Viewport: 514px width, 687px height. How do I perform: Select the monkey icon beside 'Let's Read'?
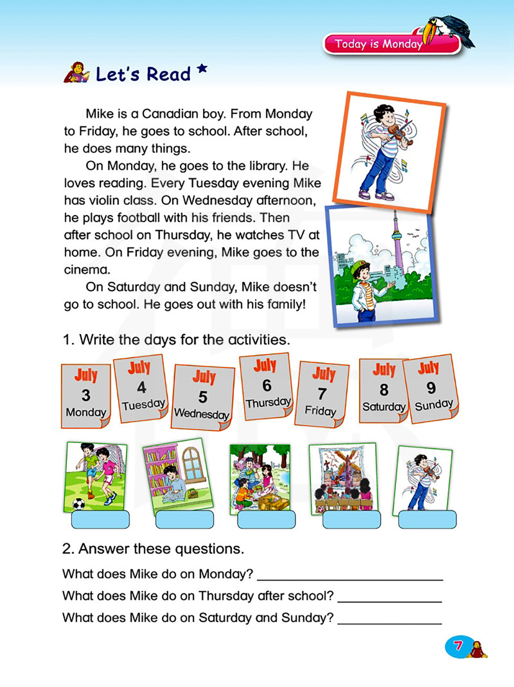click(76, 73)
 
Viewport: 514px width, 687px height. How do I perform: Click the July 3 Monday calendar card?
click(85, 395)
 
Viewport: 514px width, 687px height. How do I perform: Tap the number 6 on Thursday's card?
click(267, 385)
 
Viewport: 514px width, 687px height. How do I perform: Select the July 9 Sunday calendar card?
click(431, 389)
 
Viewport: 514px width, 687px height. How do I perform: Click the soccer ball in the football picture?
click(79, 503)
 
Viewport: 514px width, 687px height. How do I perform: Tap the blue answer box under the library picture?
click(184, 519)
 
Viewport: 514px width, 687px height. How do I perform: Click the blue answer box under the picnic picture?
click(266, 519)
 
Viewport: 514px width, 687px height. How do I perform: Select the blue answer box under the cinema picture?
click(352, 519)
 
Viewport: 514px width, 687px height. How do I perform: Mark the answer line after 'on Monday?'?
click(350, 575)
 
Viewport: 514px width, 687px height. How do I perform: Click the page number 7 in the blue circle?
click(458, 645)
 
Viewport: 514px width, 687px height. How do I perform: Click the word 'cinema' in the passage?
click(86, 269)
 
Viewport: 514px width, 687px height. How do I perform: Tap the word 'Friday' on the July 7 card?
click(320, 410)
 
